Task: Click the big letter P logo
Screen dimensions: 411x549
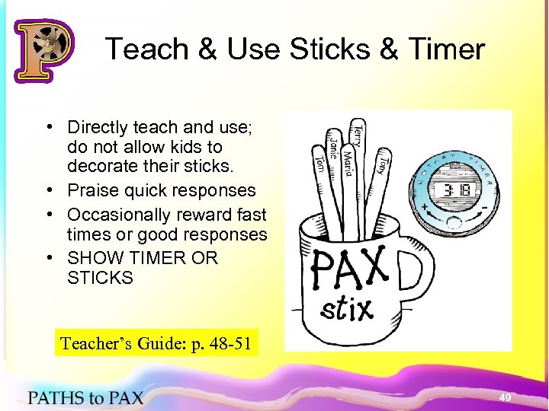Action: point(43,50)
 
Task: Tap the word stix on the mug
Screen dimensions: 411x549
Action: point(348,308)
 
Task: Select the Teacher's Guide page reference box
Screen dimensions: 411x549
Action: point(156,342)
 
